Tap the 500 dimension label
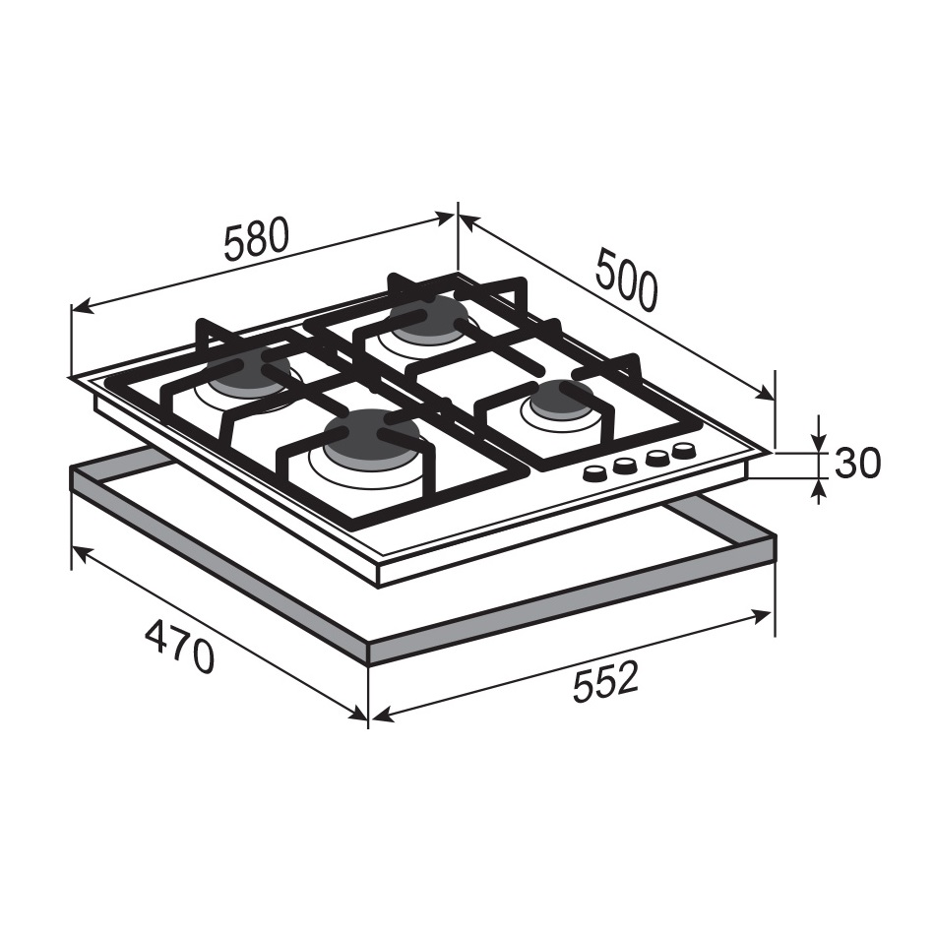pyautogui.click(x=626, y=280)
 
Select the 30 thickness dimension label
pyautogui.click(x=857, y=463)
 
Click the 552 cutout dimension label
pyautogui.click(x=605, y=682)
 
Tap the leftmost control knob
pyautogui.click(x=593, y=473)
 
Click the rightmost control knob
pyautogui.click(x=683, y=450)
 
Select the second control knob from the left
pyautogui.click(x=624, y=466)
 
